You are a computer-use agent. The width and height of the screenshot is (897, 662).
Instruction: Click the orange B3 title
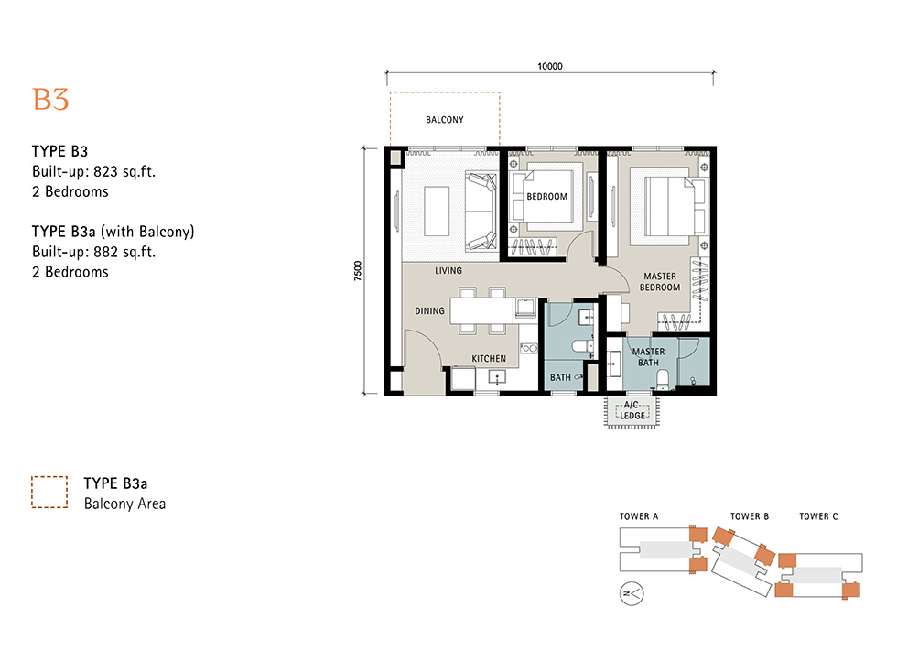point(50,100)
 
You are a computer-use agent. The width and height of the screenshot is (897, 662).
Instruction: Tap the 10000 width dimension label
point(550,66)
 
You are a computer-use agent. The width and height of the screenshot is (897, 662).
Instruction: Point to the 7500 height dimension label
point(358,271)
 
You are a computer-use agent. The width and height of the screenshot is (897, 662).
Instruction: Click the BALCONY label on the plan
point(445,120)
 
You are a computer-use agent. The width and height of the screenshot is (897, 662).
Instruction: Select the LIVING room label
point(448,271)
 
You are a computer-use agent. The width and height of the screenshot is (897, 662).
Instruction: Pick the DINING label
point(429,310)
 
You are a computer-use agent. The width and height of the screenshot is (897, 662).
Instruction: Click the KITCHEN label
point(489,359)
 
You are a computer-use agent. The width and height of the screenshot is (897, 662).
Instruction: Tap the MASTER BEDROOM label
point(660,281)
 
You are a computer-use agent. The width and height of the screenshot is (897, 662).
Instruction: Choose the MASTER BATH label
point(648,357)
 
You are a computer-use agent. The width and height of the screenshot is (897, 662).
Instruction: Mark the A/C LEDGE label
point(632,410)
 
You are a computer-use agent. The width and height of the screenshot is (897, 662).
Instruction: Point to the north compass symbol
point(632,594)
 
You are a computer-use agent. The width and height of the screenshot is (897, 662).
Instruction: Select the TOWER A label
point(639,516)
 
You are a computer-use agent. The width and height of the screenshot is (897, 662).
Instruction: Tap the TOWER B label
point(750,516)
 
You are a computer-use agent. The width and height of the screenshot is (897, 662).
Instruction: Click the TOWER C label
point(818,516)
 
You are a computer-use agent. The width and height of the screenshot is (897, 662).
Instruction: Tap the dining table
point(481,311)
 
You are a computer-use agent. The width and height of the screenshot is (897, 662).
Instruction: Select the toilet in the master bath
point(663,379)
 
